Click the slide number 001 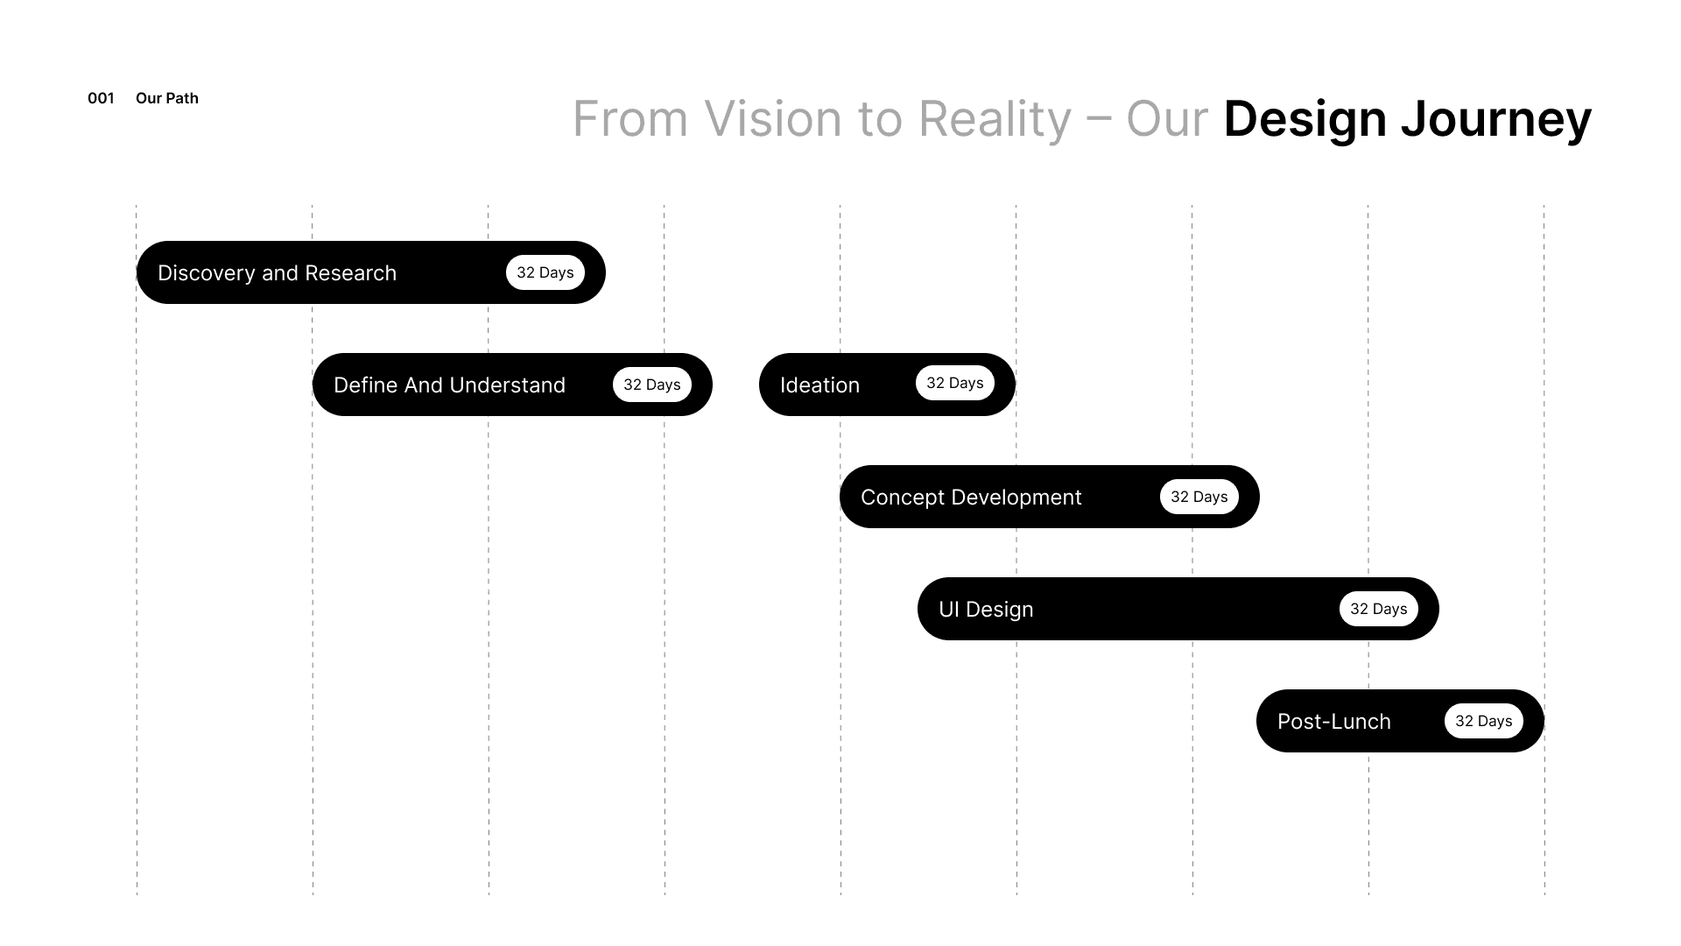click(101, 98)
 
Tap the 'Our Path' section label click(167, 98)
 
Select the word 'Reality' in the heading click(995, 119)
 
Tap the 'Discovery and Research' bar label click(277, 273)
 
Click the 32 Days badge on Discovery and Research click(545, 272)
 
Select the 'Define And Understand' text click(449, 385)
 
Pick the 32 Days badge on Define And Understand click(651, 385)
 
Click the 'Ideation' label click(819, 385)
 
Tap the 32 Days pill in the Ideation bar click(954, 384)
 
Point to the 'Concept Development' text click(971, 498)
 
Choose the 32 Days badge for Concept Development click(1199, 497)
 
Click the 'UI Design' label click(986, 610)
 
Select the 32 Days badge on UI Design click(1378, 609)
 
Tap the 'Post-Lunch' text click(1333, 722)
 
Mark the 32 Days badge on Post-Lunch click(1483, 721)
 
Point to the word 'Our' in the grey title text click(1167, 119)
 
